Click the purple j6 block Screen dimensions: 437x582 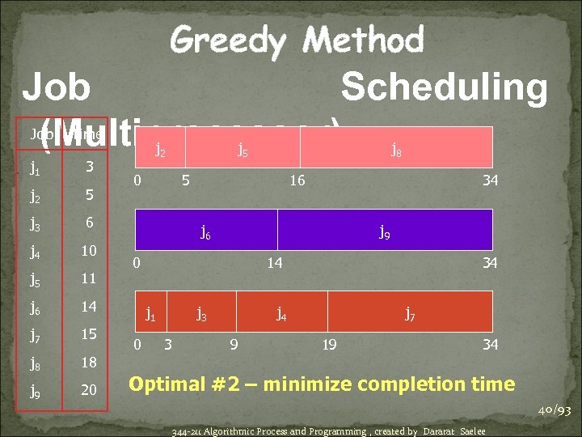coord(206,231)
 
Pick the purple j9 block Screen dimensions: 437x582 coord(385,231)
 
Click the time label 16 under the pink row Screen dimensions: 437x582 coord(297,180)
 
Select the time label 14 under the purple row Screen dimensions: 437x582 coord(274,263)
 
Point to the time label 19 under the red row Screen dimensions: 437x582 coord(329,345)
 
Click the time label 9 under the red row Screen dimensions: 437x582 coord(234,345)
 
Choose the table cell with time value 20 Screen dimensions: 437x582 coord(89,390)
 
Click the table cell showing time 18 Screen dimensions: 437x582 coord(89,363)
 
